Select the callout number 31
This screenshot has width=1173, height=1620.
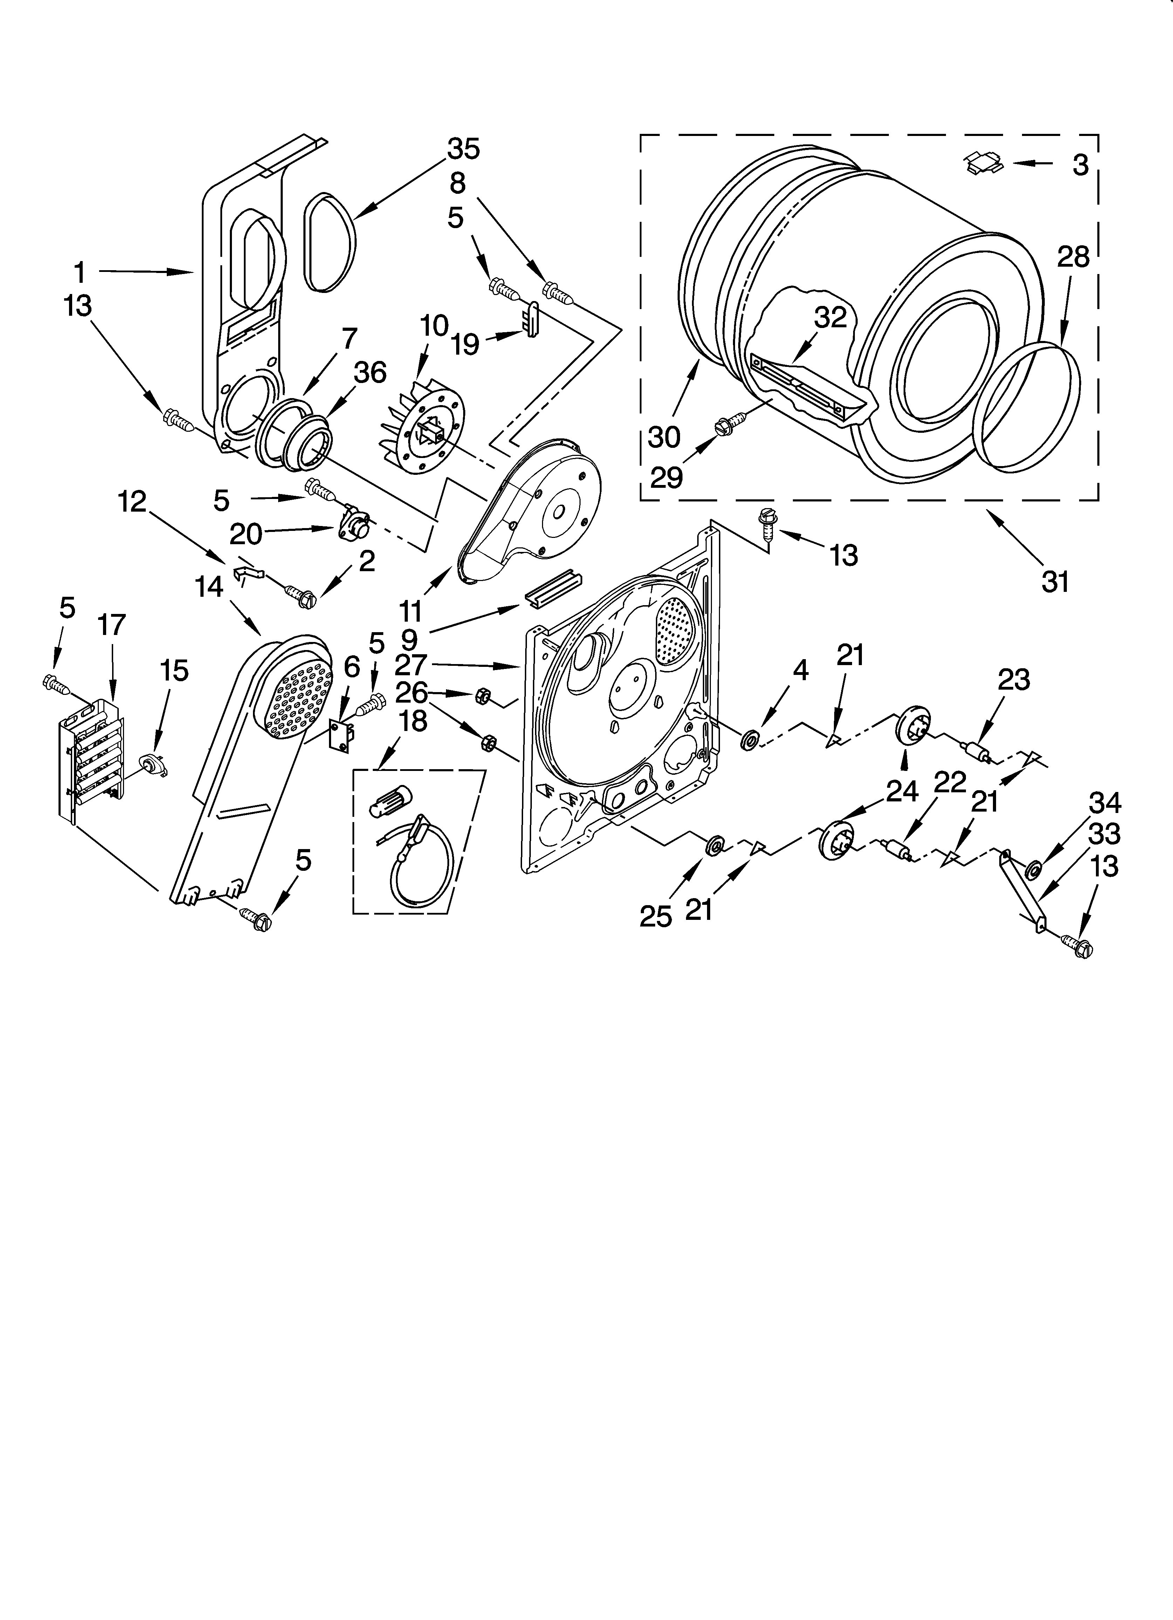coord(1055,582)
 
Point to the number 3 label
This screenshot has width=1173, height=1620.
coord(1080,165)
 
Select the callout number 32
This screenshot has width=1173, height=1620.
coord(830,317)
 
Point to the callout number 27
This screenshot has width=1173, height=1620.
coord(411,665)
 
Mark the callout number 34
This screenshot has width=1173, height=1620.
coord(1104,804)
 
